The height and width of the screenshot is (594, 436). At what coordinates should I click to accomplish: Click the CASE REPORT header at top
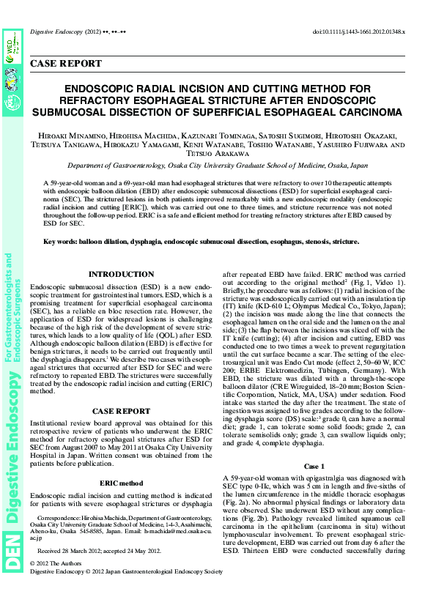tap(65, 64)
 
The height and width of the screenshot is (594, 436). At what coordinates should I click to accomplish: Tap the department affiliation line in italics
tap(218, 166)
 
